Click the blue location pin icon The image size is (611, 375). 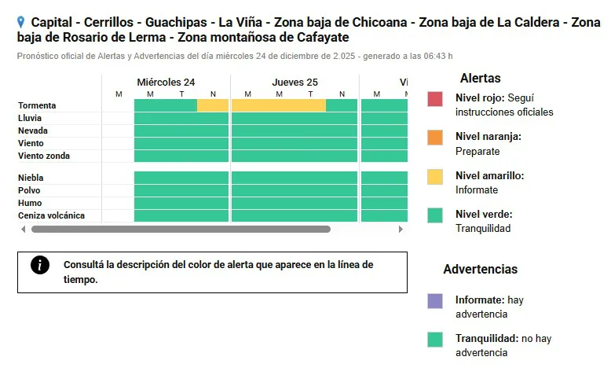pyautogui.click(x=20, y=23)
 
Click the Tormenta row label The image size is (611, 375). pyautogui.click(x=37, y=105)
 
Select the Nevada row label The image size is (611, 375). pyautogui.click(x=33, y=131)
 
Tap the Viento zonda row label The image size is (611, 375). pyautogui.click(x=44, y=156)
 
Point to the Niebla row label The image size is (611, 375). pyautogui.click(x=31, y=178)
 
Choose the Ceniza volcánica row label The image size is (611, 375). pyautogui.click(x=51, y=215)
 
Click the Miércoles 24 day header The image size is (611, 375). pyautogui.click(x=166, y=82)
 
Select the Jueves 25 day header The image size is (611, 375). pyautogui.click(x=295, y=82)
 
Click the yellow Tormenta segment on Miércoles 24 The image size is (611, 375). pyautogui.click(x=212, y=105)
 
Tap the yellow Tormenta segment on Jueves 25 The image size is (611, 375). pyautogui.click(x=278, y=105)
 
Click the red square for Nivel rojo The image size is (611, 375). pyautogui.click(x=435, y=99)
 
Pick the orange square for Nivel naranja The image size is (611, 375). pyautogui.click(x=435, y=138)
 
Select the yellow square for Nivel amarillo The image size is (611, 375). pyautogui.click(x=435, y=177)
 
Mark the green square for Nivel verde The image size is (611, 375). pyautogui.click(x=435, y=215)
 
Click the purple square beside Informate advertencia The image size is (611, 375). pyautogui.click(x=435, y=301)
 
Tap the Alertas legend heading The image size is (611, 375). pyautogui.click(x=480, y=78)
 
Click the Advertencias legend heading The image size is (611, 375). pyautogui.click(x=480, y=269)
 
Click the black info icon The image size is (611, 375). pyautogui.click(x=40, y=265)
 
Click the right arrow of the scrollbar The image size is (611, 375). pyautogui.click(x=401, y=230)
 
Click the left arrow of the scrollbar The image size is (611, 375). pyautogui.click(x=24, y=230)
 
